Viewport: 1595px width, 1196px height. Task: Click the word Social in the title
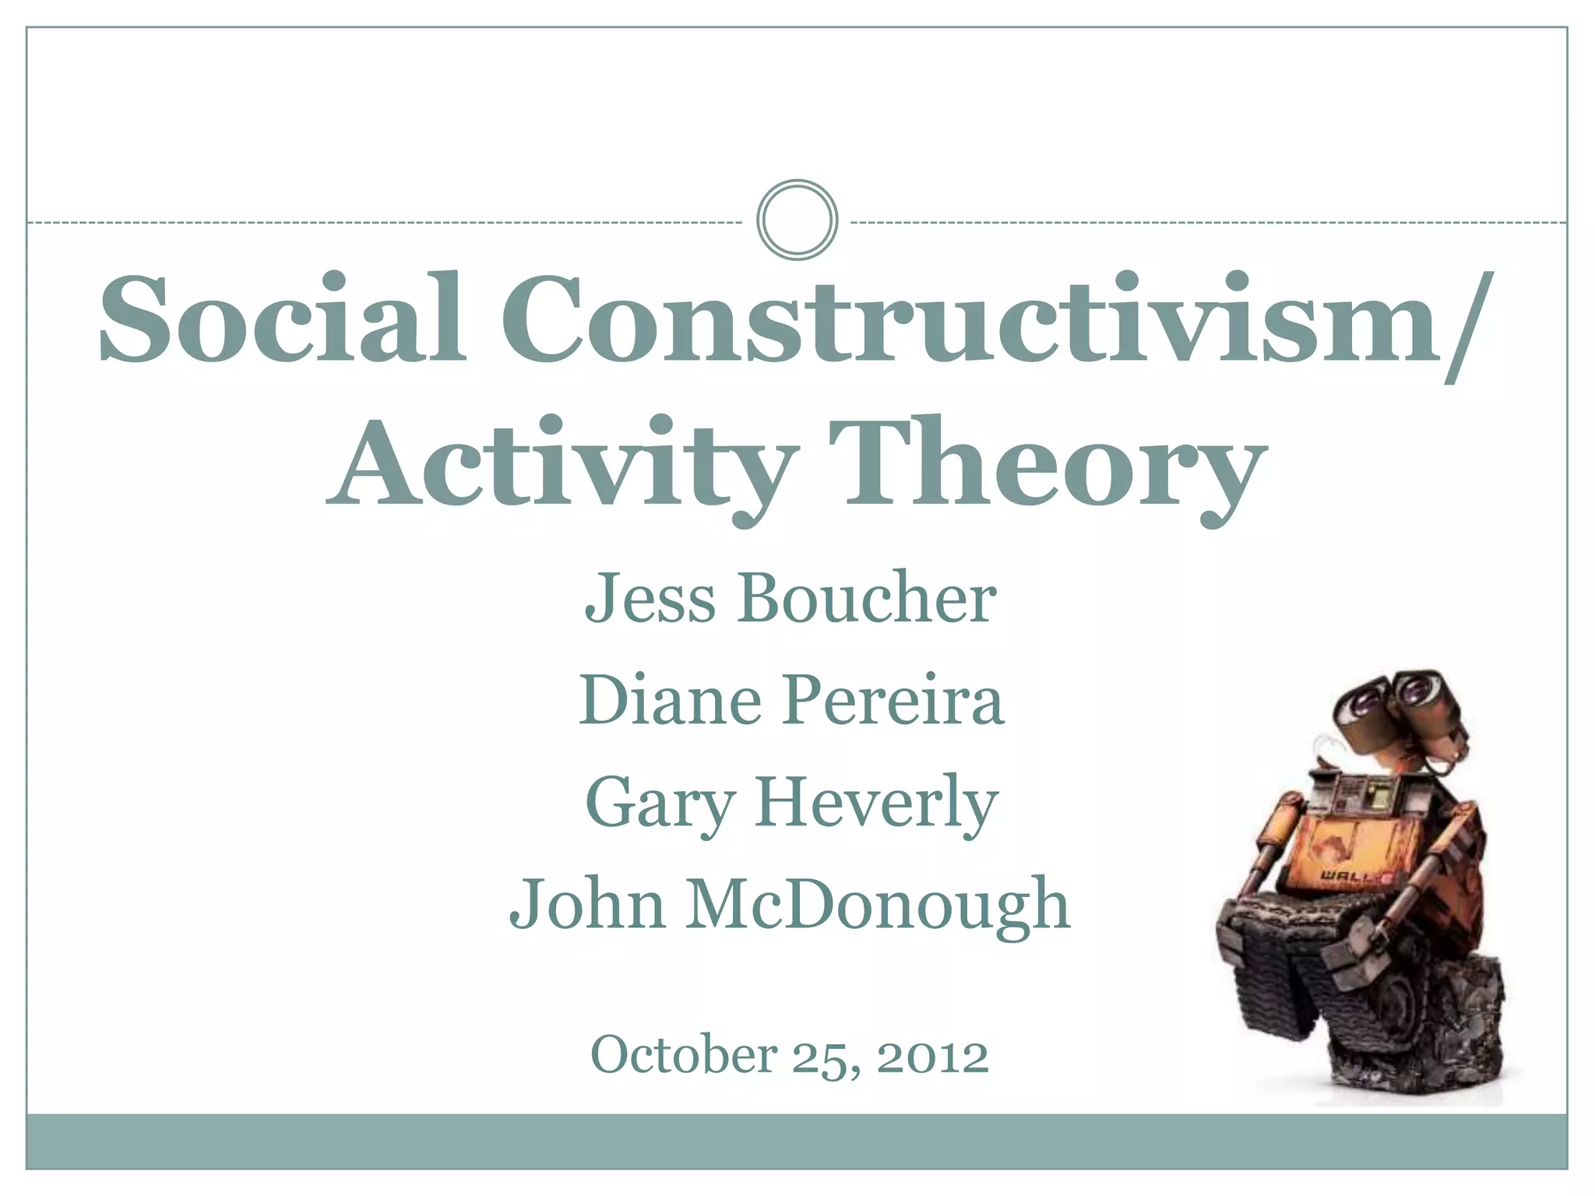click(x=282, y=319)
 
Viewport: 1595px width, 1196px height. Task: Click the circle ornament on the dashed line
click(x=797, y=220)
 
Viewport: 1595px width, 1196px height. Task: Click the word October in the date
click(x=684, y=1055)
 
